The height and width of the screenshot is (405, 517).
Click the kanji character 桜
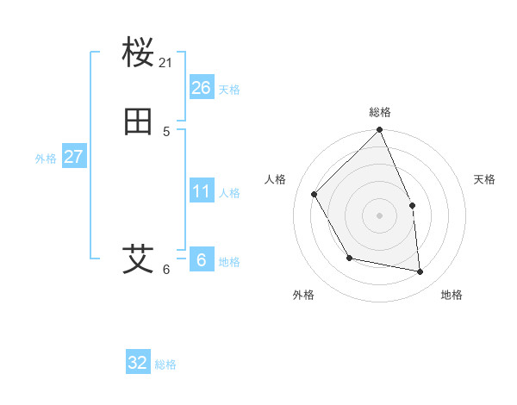tap(138, 53)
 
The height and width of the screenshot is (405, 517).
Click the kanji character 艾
tap(138, 259)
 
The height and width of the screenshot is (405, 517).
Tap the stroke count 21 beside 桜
tap(166, 63)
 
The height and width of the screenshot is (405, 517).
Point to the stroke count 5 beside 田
tap(166, 132)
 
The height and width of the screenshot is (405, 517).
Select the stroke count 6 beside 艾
tap(166, 269)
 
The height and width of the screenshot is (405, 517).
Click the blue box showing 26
tap(201, 87)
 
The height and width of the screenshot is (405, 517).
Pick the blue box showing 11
tap(201, 191)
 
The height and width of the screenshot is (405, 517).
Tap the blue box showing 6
tap(201, 260)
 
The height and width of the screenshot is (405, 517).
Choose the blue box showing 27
tap(73, 157)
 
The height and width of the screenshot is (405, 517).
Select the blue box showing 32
tap(138, 363)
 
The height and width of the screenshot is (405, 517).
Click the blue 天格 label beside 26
tap(229, 89)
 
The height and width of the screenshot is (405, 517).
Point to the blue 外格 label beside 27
tap(46, 159)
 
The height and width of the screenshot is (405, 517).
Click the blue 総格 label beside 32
tap(165, 364)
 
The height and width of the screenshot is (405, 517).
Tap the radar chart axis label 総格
tap(380, 112)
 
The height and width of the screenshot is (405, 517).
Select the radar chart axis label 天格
tap(484, 179)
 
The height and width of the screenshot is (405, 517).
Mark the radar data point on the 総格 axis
tap(379, 130)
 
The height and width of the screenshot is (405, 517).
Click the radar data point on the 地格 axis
tap(420, 271)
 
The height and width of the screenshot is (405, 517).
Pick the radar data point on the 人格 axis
tap(315, 194)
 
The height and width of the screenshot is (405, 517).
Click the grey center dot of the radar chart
tap(379, 215)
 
